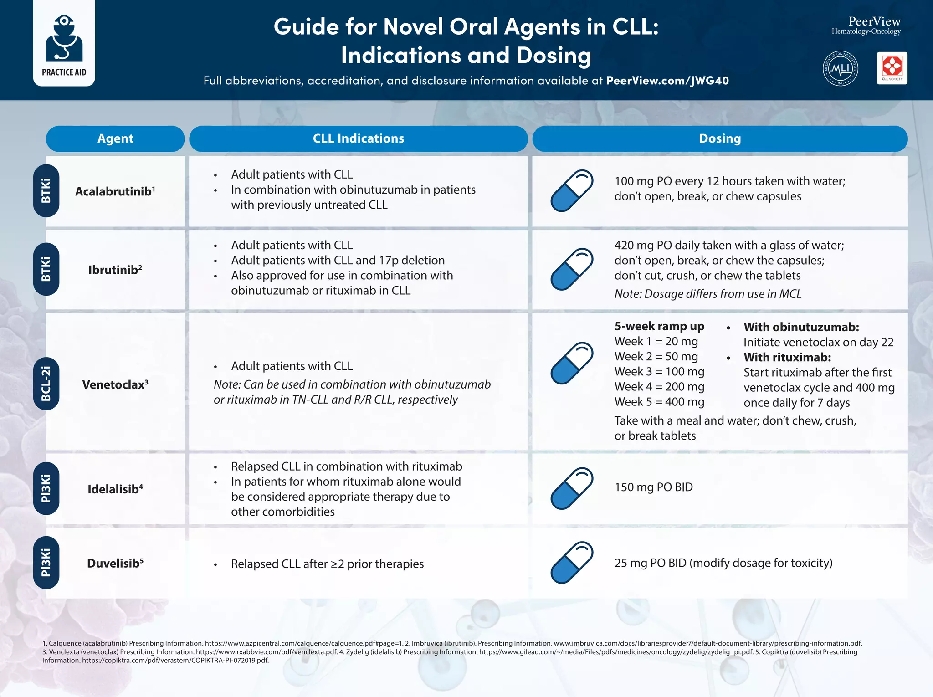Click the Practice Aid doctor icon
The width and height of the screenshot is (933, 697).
click(x=64, y=39)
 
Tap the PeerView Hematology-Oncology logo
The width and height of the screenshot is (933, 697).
click(x=866, y=26)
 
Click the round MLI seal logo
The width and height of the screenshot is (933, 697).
click(x=841, y=68)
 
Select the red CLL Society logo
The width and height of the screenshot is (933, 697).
click(x=892, y=68)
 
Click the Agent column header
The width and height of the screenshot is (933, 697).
click(x=115, y=138)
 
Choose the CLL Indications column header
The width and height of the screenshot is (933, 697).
click(x=358, y=138)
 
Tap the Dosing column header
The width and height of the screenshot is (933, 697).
click(x=720, y=138)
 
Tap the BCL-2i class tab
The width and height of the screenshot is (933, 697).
click(x=46, y=384)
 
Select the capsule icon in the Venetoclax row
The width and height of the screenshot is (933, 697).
click(x=572, y=363)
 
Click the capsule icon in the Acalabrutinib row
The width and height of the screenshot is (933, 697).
click(x=572, y=190)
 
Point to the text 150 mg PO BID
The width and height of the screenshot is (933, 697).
click(x=653, y=487)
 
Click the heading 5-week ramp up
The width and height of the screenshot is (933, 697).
click(x=659, y=326)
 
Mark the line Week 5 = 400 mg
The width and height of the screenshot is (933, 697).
click(x=659, y=402)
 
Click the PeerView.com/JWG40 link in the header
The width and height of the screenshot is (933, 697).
click(x=667, y=81)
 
